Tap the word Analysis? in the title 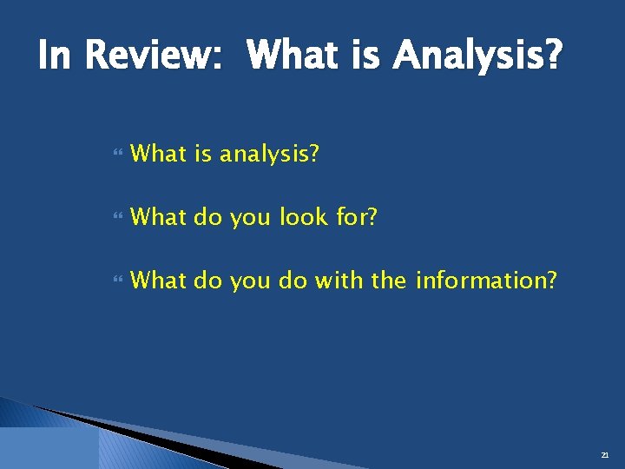477,57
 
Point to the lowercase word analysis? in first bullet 270,155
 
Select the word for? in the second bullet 357,217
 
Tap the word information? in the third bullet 486,281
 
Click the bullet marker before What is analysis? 118,155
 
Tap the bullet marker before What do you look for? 118,218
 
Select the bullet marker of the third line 118,281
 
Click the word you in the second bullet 251,217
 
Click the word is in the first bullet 203,155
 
